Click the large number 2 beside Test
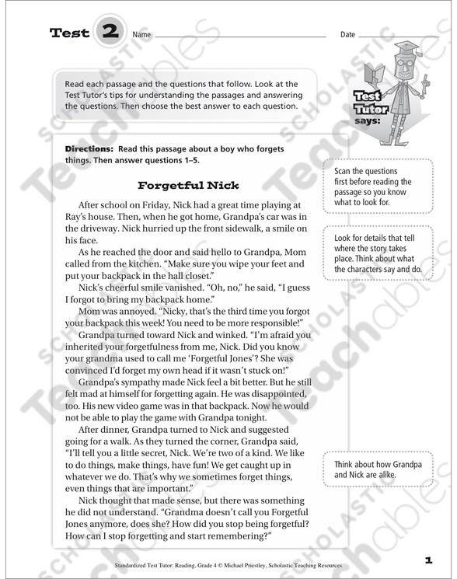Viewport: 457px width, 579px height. [110, 33]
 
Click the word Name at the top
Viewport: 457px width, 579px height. [141, 36]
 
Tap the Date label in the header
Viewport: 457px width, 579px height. [347, 36]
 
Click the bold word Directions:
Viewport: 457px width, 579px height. [89, 148]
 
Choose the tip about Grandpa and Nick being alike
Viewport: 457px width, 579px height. [377, 469]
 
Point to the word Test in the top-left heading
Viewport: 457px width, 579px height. [69, 33]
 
